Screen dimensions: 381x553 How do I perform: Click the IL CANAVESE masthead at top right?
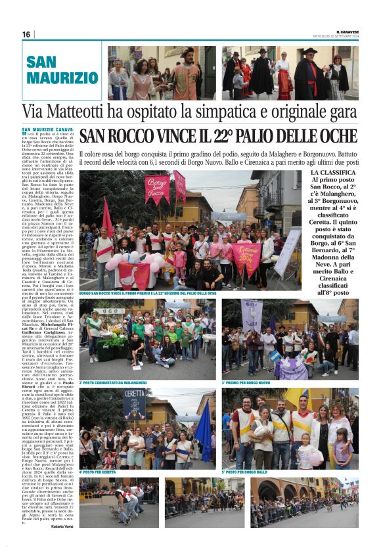[347, 30]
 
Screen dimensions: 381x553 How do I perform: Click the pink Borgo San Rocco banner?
[157, 188]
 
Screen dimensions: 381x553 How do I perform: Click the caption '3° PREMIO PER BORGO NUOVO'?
[246, 382]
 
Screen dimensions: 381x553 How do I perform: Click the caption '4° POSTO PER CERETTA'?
[99, 472]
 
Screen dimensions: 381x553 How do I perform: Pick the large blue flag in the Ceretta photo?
[204, 430]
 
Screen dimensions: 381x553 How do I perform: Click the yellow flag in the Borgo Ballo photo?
[296, 398]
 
